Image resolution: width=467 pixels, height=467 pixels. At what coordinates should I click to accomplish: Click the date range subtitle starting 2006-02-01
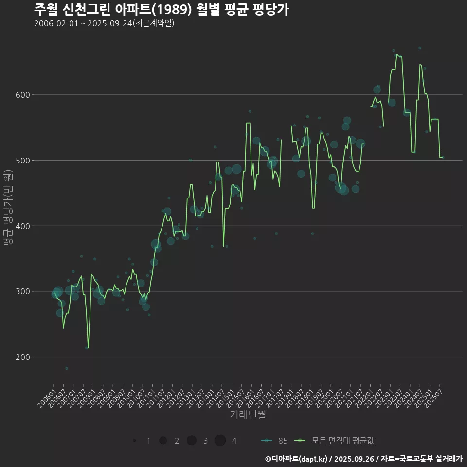tap(104, 24)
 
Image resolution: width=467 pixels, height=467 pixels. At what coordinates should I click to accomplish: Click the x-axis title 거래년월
tap(248, 415)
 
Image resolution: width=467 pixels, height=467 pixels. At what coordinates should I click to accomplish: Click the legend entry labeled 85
tap(274, 441)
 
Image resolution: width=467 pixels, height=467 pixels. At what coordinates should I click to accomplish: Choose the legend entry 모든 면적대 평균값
tap(336, 441)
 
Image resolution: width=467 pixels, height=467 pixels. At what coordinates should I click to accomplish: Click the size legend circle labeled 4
tap(220, 441)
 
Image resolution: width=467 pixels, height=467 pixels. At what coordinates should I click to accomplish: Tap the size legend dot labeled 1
tap(134, 441)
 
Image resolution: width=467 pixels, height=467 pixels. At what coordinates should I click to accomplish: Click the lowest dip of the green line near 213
tap(88, 348)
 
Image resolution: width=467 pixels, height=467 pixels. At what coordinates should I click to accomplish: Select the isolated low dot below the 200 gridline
tap(67, 368)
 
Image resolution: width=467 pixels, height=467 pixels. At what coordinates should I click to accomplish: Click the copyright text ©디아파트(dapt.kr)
tap(297, 459)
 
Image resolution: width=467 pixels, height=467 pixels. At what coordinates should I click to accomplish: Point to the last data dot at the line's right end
tap(443, 157)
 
